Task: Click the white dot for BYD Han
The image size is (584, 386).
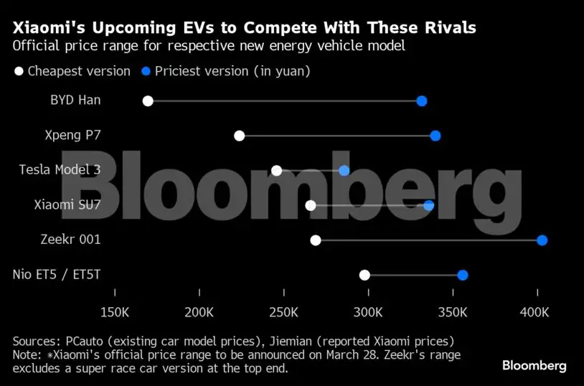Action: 148,100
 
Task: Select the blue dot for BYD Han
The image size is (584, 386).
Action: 422,100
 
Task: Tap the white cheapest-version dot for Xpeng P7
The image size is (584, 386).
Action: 240,136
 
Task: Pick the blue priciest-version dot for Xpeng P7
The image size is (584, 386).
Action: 435,136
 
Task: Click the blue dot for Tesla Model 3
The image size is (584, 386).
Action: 344,170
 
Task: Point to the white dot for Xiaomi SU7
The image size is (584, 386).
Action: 311,205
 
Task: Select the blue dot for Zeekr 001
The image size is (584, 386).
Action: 542,240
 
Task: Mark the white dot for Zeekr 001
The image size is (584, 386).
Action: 316,240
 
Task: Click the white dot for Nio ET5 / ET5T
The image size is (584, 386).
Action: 364,275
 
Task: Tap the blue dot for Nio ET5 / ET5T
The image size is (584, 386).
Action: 463,275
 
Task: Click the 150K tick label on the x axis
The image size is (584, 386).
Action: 115,313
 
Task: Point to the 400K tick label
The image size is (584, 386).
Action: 534,313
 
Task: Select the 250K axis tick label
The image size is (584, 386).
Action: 283,313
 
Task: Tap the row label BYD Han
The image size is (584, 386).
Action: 75,100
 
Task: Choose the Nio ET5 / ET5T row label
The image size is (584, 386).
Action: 57,275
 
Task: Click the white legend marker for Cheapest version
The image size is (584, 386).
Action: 19,71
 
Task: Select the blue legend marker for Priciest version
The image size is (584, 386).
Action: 146,71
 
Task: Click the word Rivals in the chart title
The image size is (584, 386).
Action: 446,28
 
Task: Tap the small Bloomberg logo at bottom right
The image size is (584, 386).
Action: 534,366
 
